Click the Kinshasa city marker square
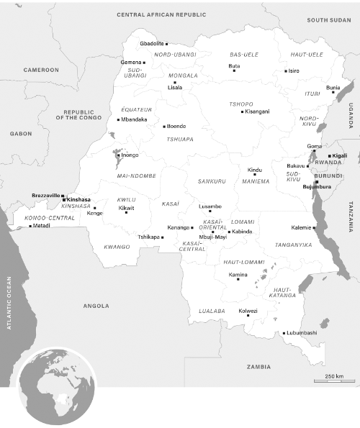pos(64,199)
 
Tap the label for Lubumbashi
pos(302,333)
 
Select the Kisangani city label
pos(257,111)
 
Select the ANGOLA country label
pos(96,305)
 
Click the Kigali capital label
pos(338,156)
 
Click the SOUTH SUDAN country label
pos(328,20)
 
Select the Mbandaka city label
pos(135,119)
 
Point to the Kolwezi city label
pos(248,311)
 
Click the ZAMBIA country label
pos(258,367)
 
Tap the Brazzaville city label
pos(46,195)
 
